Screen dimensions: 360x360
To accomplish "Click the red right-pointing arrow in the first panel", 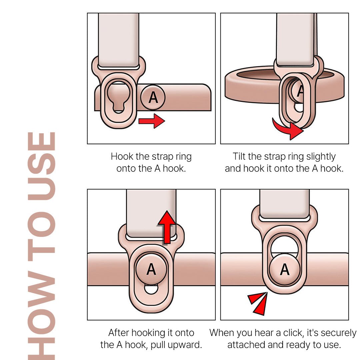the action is coord(152,121).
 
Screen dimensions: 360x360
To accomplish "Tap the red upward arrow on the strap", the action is coord(167,227).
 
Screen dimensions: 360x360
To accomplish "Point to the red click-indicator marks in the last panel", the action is coord(258,303).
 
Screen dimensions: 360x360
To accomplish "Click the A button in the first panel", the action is coord(153,97).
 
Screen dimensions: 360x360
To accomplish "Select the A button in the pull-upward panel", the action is coord(151,269).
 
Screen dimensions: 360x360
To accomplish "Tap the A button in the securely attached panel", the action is coord(285,269).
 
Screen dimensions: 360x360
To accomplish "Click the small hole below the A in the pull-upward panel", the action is coord(151,289).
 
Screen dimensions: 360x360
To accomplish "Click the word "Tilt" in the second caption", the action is coord(239,156).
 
